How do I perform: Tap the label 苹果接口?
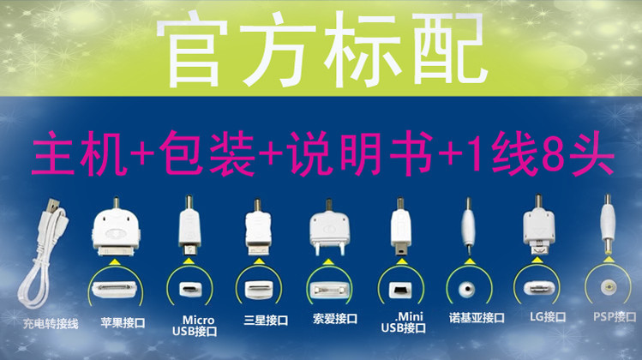[123, 323]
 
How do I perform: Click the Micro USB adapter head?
[189, 226]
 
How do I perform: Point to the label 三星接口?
[266, 320]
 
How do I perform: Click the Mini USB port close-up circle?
[401, 287]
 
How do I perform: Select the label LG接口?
[548, 316]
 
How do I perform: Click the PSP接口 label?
[615, 316]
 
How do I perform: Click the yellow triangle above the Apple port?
[116, 261]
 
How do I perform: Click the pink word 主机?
[78, 154]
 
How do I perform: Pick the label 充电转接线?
[51, 324]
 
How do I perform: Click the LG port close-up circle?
[537, 286]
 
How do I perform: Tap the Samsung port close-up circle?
[259, 287]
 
